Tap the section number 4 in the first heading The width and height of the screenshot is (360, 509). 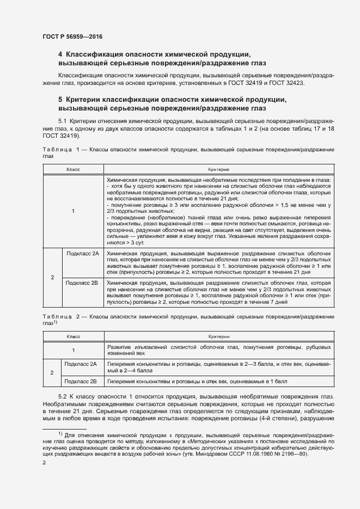[60, 55]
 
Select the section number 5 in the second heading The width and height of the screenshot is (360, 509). [60, 100]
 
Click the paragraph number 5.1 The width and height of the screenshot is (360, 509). [63, 120]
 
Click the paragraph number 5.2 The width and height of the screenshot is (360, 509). [63, 398]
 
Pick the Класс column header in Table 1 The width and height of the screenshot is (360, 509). [73, 170]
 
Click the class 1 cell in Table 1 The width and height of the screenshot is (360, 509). [73, 211]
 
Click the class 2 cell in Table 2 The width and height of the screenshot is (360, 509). [52, 373]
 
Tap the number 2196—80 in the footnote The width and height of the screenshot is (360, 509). [296, 453]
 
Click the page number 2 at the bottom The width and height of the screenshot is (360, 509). [44, 463]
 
